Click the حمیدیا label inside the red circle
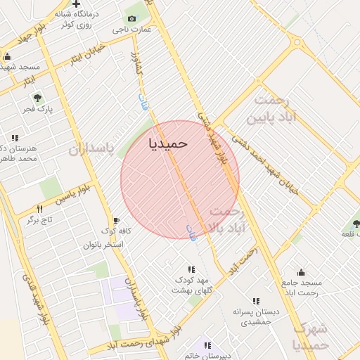[169, 143]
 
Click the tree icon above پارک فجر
[38, 98]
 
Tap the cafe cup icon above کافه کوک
[116, 221]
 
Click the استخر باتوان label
[103, 244]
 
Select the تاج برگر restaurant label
[40, 220]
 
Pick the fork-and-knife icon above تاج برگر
[39, 209]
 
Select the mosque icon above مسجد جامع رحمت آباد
[302, 272]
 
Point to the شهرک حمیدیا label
[310, 336]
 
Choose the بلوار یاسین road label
[75, 191]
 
